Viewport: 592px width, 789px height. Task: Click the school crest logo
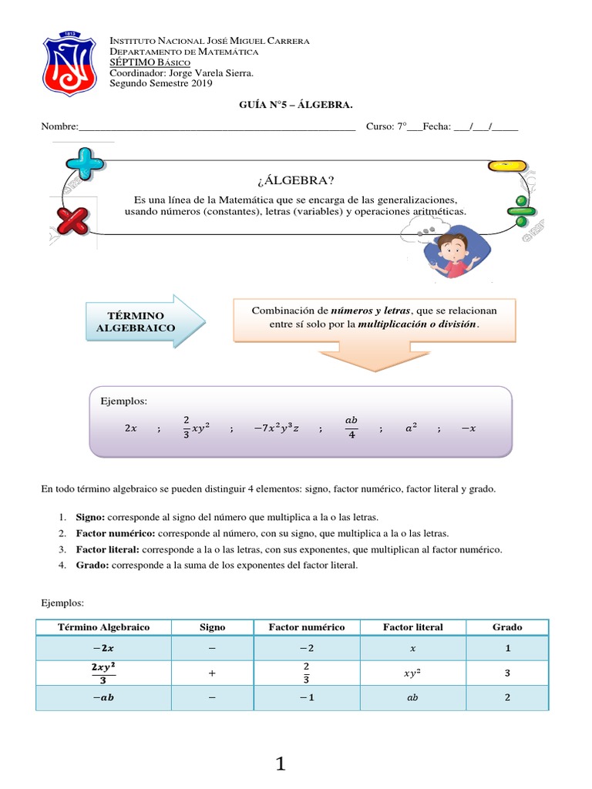coord(69,62)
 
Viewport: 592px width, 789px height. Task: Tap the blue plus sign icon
coord(85,164)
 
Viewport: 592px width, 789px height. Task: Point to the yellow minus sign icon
coord(507,166)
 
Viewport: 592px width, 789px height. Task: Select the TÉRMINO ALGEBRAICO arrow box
coord(141,321)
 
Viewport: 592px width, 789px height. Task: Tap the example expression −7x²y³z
coord(276,429)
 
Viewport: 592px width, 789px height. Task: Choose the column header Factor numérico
coord(306,627)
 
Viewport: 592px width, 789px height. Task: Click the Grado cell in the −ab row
coord(507,697)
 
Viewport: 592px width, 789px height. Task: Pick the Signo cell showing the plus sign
coord(212,673)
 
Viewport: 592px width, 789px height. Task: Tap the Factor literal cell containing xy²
coord(413,673)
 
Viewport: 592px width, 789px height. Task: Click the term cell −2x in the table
coord(103,648)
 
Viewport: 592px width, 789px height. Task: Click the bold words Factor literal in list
coord(107,549)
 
